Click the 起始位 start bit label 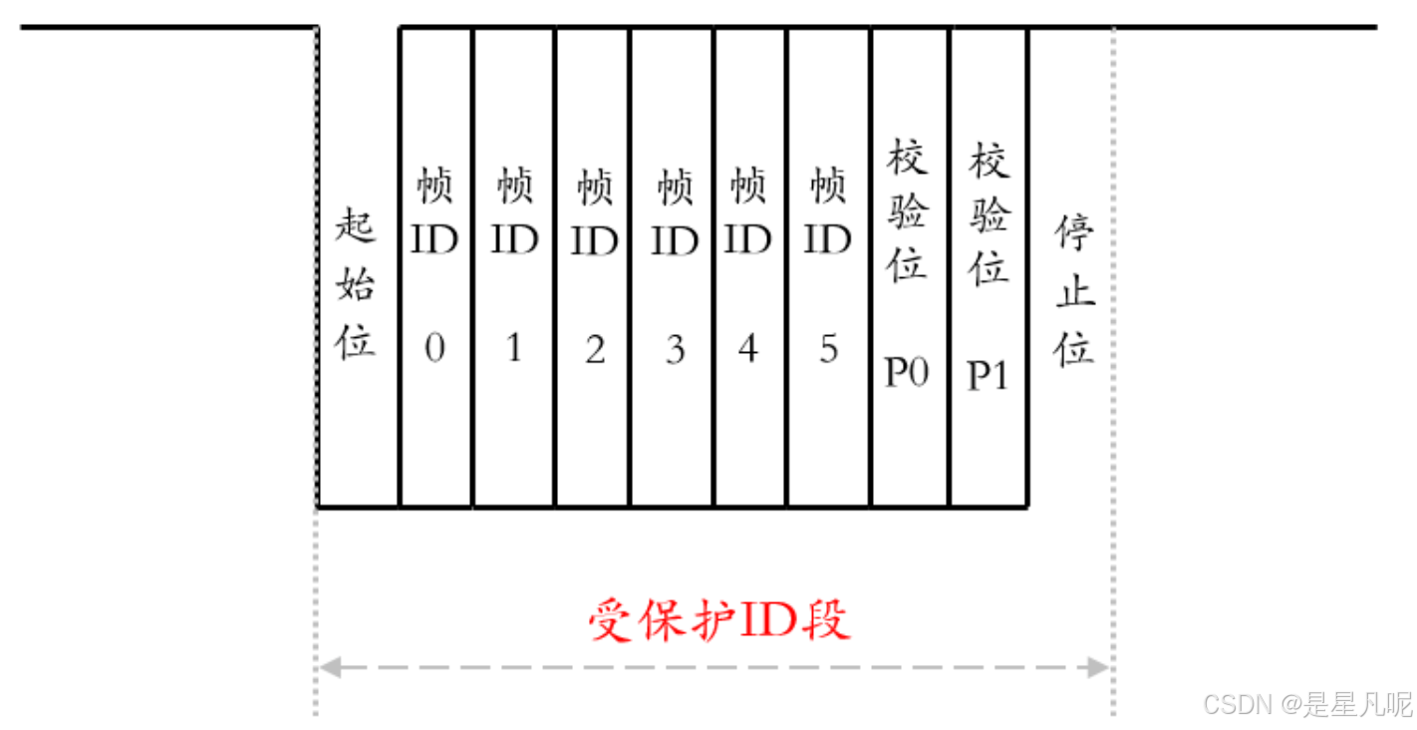[x=356, y=285]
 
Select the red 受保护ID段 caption [x=718, y=620]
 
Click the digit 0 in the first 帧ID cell [x=434, y=350]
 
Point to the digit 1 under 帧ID [x=514, y=350]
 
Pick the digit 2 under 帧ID [x=594, y=350]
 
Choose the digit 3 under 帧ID [x=675, y=350]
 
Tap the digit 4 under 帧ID [x=748, y=350]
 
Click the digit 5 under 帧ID [x=828, y=350]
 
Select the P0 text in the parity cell [x=907, y=372]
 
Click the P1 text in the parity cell [x=988, y=375]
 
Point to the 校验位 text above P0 [x=908, y=211]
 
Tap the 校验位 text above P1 [x=990, y=213]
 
